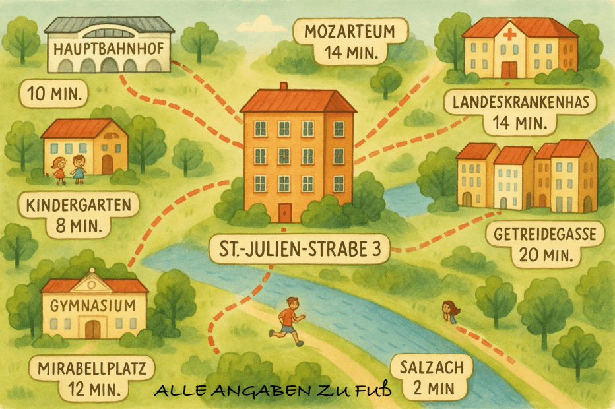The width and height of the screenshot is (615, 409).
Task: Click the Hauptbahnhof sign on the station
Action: [110, 48]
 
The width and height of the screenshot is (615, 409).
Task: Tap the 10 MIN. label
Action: [55, 94]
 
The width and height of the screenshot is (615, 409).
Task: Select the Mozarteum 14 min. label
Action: [350, 42]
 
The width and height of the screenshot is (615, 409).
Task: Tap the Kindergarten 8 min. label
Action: [79, 215]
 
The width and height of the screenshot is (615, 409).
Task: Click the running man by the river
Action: [289, 320]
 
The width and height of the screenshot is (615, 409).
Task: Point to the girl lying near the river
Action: [450, 311]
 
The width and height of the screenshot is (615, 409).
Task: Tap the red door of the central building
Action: [285, 212]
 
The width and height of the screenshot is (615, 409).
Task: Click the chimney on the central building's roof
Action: [284, 86]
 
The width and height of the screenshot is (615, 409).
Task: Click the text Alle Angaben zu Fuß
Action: [273, 391]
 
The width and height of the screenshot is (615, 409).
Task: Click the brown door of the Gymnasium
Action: [93, 329]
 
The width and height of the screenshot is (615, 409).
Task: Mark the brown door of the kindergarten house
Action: [107, 165]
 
